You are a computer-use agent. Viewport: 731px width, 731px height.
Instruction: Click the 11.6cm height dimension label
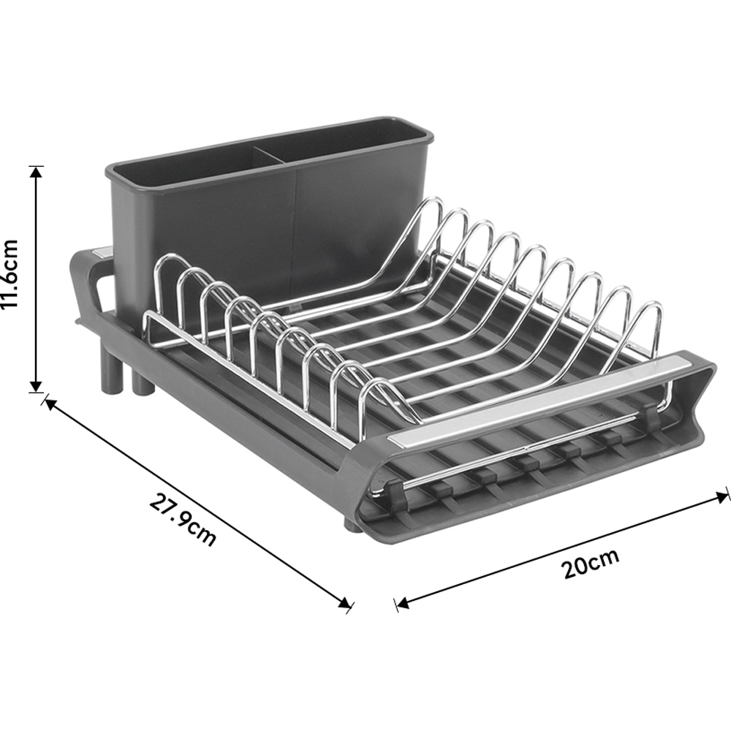(10, 273)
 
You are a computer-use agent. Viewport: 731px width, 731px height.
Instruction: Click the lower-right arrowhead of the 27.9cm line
(345, 603)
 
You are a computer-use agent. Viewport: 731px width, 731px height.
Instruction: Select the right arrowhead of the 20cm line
(721, 497)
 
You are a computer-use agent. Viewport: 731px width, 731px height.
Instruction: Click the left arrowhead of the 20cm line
(402, 603)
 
